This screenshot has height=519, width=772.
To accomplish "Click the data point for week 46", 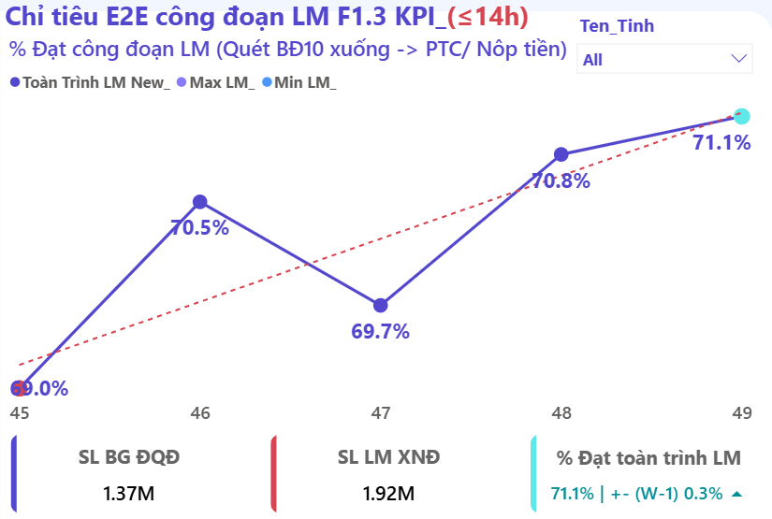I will point(199,201).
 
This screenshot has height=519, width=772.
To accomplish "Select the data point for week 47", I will point(380,305).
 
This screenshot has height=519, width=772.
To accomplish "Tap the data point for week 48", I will point(561,154).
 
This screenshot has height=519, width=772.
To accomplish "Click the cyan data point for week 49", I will point(741,116).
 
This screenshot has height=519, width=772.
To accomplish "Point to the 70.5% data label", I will point(199,227).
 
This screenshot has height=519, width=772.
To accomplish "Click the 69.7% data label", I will point(380,331).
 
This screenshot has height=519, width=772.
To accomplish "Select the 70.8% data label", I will point(561,180).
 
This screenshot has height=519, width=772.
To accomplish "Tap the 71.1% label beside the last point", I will point(721,143).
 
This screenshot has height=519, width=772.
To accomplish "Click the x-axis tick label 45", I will point(19,412).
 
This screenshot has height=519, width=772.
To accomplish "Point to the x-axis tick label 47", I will point(380,412).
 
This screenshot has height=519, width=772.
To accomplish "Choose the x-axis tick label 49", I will point(741,412).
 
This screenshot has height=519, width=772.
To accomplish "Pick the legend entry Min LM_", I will point(305,82).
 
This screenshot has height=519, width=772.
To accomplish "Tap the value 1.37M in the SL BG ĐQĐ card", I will point(129,493).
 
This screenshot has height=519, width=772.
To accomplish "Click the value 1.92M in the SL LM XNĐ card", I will point(388,493).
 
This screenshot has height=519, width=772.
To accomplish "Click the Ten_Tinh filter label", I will point(617,26).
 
